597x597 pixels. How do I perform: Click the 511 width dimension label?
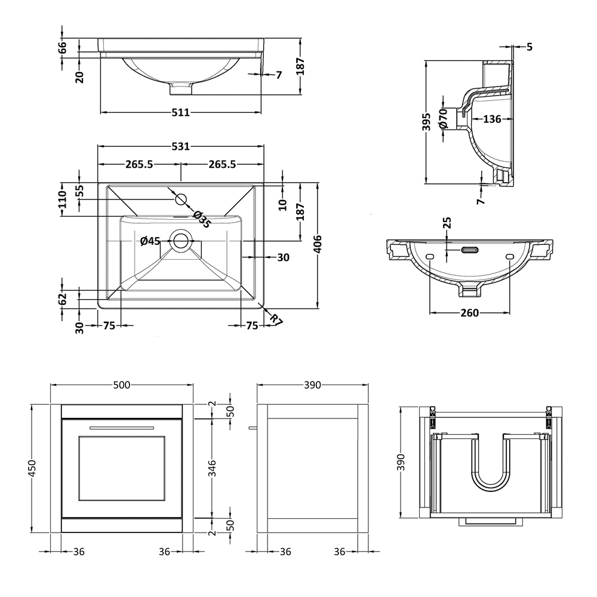point(180,112)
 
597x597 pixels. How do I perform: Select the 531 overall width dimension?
point(180,146)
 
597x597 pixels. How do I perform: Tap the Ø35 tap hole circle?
point(181,199)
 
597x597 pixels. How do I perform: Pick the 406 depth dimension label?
point(318,244)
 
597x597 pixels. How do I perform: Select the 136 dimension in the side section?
point(492,119)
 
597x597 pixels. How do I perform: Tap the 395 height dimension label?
point(427,122)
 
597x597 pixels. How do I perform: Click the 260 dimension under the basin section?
point(469,313)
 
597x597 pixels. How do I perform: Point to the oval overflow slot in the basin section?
point(470,250)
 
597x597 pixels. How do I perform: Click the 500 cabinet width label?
point(122,385)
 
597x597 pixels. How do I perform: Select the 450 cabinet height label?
point(32,468)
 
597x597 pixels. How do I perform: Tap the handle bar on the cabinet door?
point(122,427)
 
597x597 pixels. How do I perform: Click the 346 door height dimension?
point(212,468)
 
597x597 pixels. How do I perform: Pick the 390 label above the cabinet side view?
point(312,385)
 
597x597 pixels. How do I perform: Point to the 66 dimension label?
point(63,48)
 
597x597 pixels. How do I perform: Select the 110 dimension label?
point(63,199)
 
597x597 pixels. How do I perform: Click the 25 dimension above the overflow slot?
point(447,222)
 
